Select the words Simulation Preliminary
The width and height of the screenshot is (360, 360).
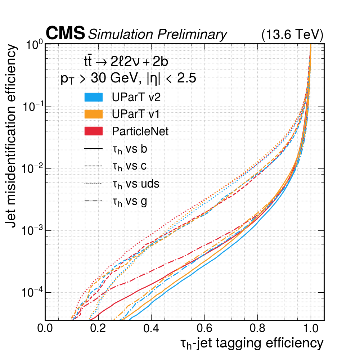coord(158,34)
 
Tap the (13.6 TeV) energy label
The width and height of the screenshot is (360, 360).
coord(292,35)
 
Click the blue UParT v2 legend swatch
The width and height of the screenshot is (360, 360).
coord(93,97)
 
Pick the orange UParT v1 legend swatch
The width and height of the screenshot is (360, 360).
coord(93,114)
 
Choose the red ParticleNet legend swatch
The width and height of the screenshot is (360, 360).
coord(93,131)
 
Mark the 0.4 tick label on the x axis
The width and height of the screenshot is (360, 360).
coord(151,329)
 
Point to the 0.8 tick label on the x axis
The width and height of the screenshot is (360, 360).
coord(257,329)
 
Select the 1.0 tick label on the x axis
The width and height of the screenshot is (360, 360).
coord(311,329)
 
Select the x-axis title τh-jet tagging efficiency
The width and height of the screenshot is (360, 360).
coord(251,343)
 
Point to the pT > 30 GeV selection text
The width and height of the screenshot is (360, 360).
coord(128,79)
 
